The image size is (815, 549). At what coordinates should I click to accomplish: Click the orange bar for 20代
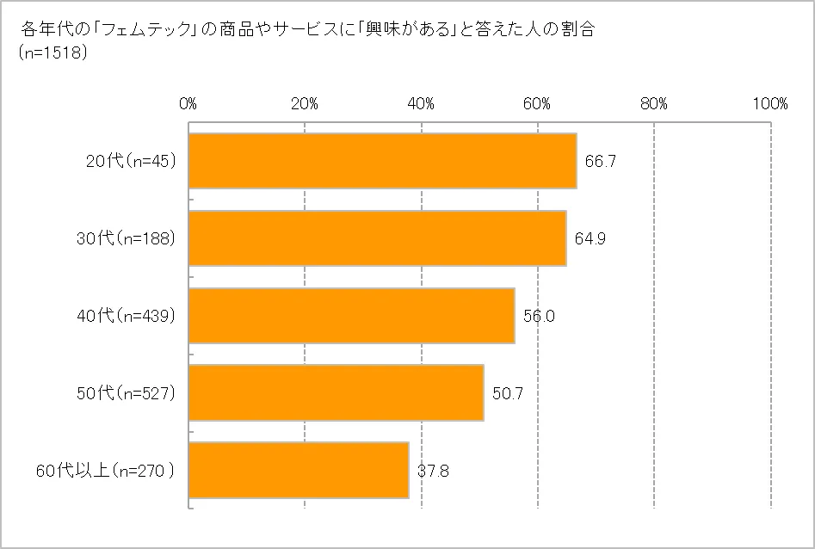coord(382,161)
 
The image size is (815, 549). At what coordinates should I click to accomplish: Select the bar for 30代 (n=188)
coord(377,238)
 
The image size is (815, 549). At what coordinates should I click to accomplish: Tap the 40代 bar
coord(351,316)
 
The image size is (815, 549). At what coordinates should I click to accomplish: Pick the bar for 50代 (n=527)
coord(336,393)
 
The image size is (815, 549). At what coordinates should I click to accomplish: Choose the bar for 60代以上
coord(299,471)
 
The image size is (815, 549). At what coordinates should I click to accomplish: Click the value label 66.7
coord(600,161)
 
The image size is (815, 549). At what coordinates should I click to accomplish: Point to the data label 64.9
coord(590,238)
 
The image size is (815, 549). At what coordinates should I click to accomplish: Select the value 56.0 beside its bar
coord(538,316)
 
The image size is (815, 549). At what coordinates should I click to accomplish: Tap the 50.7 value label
coord(507,393)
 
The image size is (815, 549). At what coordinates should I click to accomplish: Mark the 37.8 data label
coord(432,471)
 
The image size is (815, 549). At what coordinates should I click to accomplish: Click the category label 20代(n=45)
coord(131,161)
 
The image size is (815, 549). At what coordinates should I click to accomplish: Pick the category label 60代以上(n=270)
coord(106,471)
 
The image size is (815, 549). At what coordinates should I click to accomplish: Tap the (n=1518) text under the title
coord(51,52)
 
